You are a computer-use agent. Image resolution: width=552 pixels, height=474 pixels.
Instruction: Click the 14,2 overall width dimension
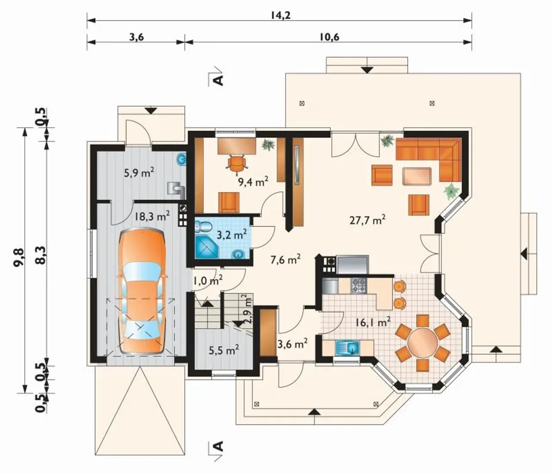point(280,15)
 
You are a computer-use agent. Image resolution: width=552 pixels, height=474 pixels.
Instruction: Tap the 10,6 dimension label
point(329,37)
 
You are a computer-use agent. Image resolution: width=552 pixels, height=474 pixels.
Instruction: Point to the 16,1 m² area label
point(373,322)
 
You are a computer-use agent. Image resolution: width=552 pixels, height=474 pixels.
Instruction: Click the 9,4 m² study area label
point(253,182)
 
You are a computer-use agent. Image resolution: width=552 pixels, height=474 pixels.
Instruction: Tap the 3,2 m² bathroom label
point(231,235)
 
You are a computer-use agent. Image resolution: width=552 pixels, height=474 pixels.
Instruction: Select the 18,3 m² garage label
point(152,215)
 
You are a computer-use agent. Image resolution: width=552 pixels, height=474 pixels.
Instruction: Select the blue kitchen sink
point(348,348)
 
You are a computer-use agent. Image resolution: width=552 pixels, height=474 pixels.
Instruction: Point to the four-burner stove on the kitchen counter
point(358,285)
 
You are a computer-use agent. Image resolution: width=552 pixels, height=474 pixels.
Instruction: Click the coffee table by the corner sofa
point(417,177)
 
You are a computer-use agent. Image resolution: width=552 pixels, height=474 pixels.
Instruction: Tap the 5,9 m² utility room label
point(139,173)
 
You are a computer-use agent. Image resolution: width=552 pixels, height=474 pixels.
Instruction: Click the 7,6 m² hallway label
point(285,259)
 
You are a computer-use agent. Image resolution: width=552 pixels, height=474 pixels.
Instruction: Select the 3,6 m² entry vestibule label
point(292,344)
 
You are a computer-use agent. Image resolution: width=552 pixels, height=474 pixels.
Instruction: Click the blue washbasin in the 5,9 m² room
point(182,160)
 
